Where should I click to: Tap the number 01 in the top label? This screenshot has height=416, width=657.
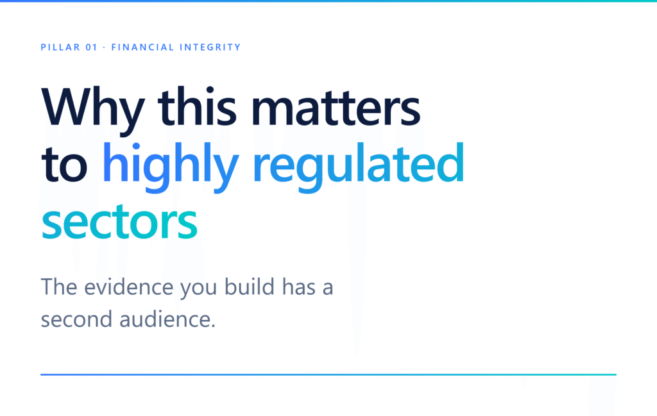[x=92, y=47]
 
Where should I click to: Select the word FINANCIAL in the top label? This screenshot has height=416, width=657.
[x=142, y=47]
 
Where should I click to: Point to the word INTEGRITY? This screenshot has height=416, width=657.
[x=210, y=47]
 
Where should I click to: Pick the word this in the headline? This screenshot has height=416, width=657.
[x=197, y=106]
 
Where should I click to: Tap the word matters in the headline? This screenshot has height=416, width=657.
[x=336, y=108]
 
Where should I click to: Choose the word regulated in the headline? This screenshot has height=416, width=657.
[x=359, y=167]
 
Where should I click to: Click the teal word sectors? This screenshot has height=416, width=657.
[x=119, y=222]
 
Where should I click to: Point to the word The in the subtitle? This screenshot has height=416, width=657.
[x=58, y=287]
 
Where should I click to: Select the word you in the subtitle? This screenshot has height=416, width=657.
[x=199, y=290]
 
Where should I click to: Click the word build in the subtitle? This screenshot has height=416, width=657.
[x=250, y=287]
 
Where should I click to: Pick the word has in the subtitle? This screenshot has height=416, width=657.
[x=299, y=287]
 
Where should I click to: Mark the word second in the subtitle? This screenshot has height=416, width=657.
[x=77, y=319]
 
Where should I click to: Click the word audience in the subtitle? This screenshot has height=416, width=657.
[x=167, y=319]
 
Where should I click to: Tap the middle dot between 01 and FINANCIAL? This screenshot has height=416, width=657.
[x=105, y=47]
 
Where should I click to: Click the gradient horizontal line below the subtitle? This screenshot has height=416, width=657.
[x=328, y=374]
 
